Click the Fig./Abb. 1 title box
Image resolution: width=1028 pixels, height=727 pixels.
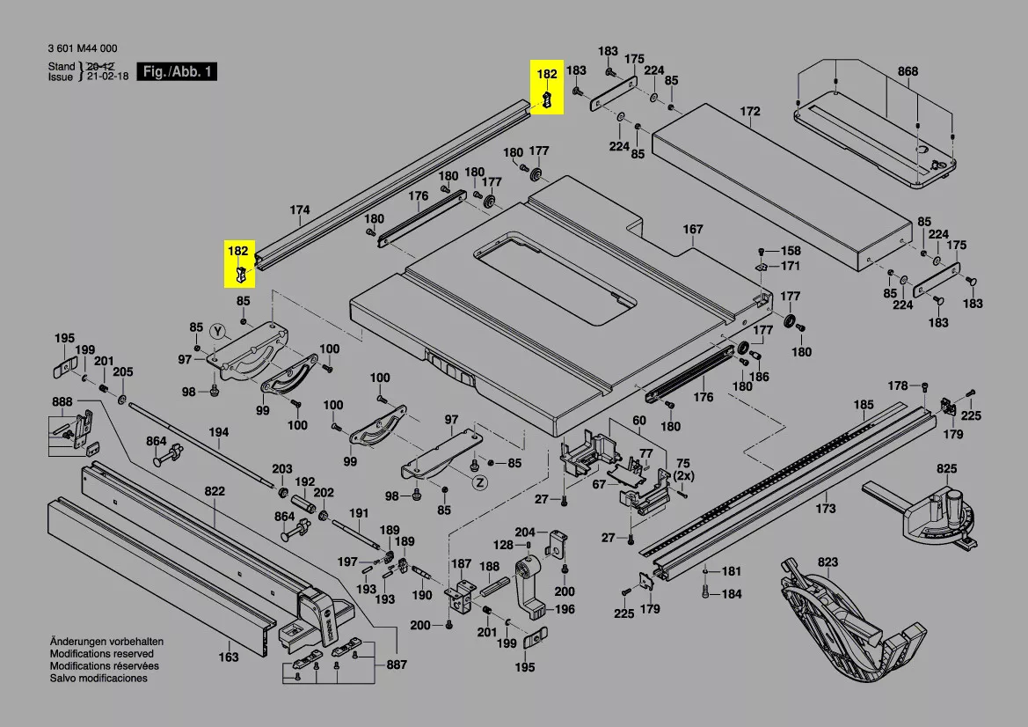(x=179, y=72)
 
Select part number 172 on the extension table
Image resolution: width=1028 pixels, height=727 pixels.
(x=749, y=112)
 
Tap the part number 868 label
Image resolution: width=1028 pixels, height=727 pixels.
(x=908, y=71)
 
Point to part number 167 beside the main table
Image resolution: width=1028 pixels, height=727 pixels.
(x=693, y=230)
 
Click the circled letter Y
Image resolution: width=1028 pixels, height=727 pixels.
(x=219, y=330)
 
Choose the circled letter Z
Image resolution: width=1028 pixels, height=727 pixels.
(x=479, y=482)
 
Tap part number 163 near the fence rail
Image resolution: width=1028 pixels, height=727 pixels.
(x=228, y=657)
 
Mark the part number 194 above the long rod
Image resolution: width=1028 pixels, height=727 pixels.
(x=218, y=432)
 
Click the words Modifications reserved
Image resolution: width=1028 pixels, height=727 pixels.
(x=101, y=654)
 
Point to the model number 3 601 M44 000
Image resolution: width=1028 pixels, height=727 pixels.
(x=83, y=49)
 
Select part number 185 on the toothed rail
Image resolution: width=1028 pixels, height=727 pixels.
(x=864, y=405)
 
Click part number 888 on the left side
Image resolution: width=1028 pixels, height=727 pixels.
(x=62, y=401)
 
